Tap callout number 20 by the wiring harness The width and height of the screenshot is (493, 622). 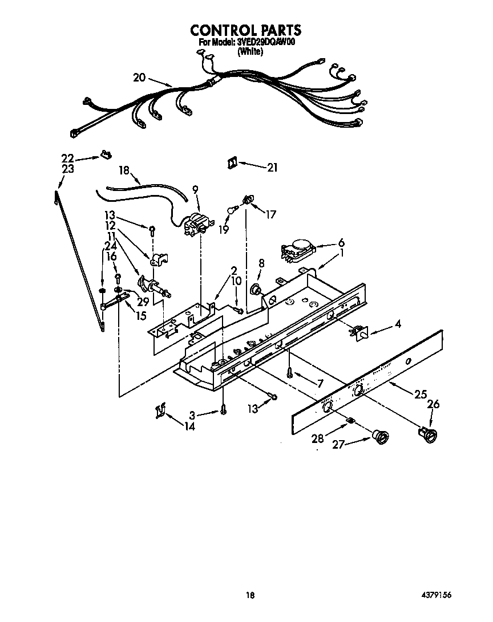click(140, 78)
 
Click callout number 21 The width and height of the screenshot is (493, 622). click(272, 167)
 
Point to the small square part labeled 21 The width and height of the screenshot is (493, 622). click(232, 162)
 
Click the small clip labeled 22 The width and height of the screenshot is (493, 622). click(105, 153)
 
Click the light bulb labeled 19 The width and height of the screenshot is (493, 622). click(232, 210)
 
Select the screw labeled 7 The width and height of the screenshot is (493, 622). click(290, 372)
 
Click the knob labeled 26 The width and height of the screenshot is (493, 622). click(429, 434)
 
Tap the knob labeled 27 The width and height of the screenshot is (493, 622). click(379, 437)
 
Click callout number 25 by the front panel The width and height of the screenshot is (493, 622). click(421, 394)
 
